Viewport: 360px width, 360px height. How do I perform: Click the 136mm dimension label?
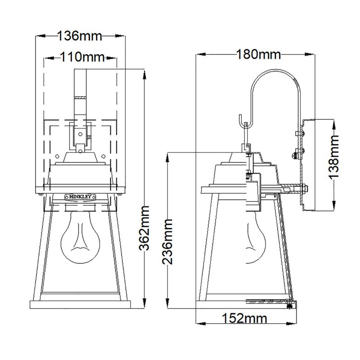[79, 36]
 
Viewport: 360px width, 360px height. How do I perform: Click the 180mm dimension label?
[258, 55]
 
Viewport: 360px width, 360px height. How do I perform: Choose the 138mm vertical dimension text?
[333, 156]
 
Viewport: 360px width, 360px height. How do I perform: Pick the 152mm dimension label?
[245, 319]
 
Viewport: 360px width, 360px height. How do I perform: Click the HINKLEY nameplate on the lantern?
[80, 196]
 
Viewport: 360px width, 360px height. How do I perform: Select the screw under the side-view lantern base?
[289, 306]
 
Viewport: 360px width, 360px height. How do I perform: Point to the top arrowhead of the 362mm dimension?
[144, 72]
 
